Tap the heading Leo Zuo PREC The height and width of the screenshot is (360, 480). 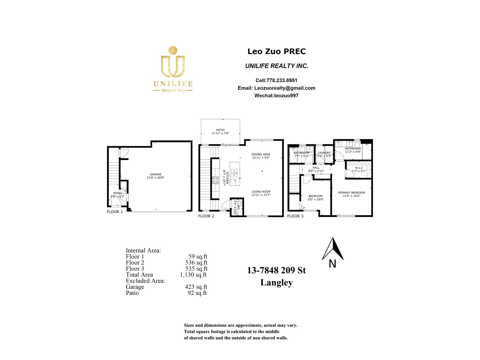pos(276,51)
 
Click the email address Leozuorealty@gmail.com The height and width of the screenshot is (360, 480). pos(284,88)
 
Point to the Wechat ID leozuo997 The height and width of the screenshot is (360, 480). pos(286,96)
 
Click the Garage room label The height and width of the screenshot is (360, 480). pos(155,174)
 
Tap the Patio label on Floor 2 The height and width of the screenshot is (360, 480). pos(220,130)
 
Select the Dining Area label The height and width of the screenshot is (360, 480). pos(261,154)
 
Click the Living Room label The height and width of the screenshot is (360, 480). pos(261,192)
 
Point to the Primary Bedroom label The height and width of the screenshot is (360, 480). pos(351,193)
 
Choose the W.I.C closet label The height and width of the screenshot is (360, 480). pos(359,168)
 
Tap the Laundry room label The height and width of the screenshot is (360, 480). pos(324,153)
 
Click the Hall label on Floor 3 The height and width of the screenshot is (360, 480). pos(316,168)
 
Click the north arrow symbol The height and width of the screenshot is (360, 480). pos(333,249)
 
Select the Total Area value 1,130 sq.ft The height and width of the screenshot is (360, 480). pos(193,275)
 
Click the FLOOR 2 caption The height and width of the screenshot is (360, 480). pos(206,216)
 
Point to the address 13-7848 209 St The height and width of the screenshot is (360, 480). pos(276,270)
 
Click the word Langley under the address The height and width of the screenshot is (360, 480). pos(276,283)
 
